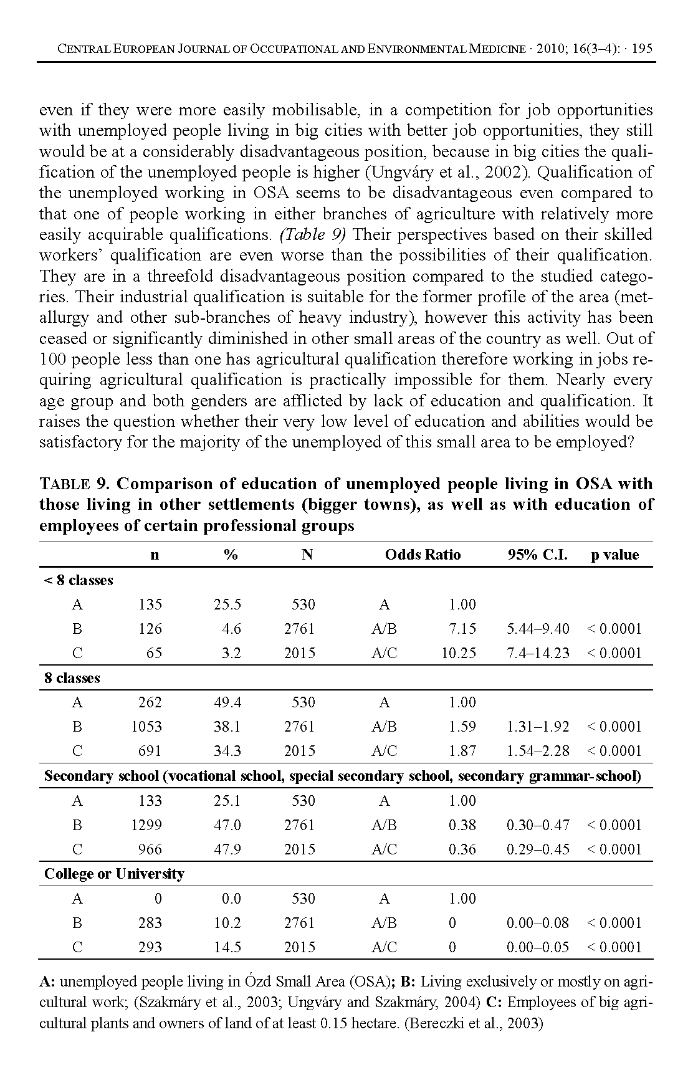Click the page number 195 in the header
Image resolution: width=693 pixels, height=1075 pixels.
(x=642, y=49)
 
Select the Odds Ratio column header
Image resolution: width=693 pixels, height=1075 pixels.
(x=423, y=555)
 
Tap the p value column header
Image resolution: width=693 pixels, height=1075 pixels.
(x=614, y=555)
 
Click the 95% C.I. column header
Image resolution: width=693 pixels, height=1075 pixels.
(x=537, y=555)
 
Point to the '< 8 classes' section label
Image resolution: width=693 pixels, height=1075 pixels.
(x=79, y=580)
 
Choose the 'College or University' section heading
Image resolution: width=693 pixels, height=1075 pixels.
(x=114, y=874)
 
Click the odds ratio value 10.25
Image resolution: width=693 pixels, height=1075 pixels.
(x=459, y=653)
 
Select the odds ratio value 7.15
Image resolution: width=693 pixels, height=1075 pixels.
(x=462, y=629)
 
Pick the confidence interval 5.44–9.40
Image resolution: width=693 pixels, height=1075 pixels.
(x=538, y=629)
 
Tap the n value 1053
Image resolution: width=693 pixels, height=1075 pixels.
(x=146, y=727)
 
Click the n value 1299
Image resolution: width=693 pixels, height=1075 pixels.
(x=146, y=825)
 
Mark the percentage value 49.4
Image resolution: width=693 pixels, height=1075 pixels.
(x=227, y=702)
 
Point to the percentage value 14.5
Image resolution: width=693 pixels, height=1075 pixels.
(x=227, y=947)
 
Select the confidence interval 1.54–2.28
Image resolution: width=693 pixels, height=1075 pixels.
(x=538, y=751)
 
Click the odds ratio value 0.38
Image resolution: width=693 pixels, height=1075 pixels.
(x=462, y=825)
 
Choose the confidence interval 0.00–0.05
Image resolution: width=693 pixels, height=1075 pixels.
(x=538, y=947)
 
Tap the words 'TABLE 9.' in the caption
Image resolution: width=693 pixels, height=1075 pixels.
(x=75, y=484)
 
